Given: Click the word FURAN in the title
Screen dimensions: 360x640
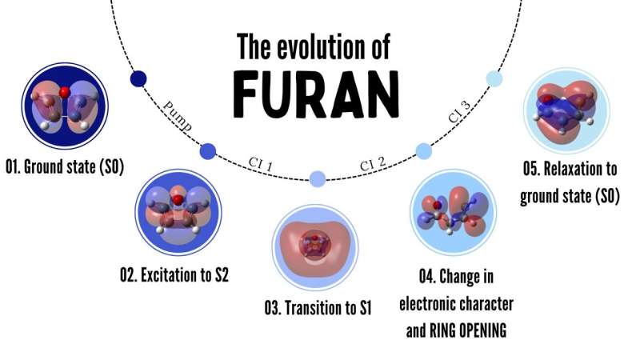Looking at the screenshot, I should [318, 94].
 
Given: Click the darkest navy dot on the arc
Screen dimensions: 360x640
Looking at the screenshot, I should [138, 78].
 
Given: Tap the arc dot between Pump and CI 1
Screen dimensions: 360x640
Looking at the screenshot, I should [208, 150].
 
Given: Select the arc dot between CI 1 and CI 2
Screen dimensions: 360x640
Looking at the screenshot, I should [317, 179].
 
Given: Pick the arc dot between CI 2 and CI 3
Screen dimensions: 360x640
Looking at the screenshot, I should [424, 150].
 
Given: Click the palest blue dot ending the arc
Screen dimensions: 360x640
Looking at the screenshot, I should [494, 78].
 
